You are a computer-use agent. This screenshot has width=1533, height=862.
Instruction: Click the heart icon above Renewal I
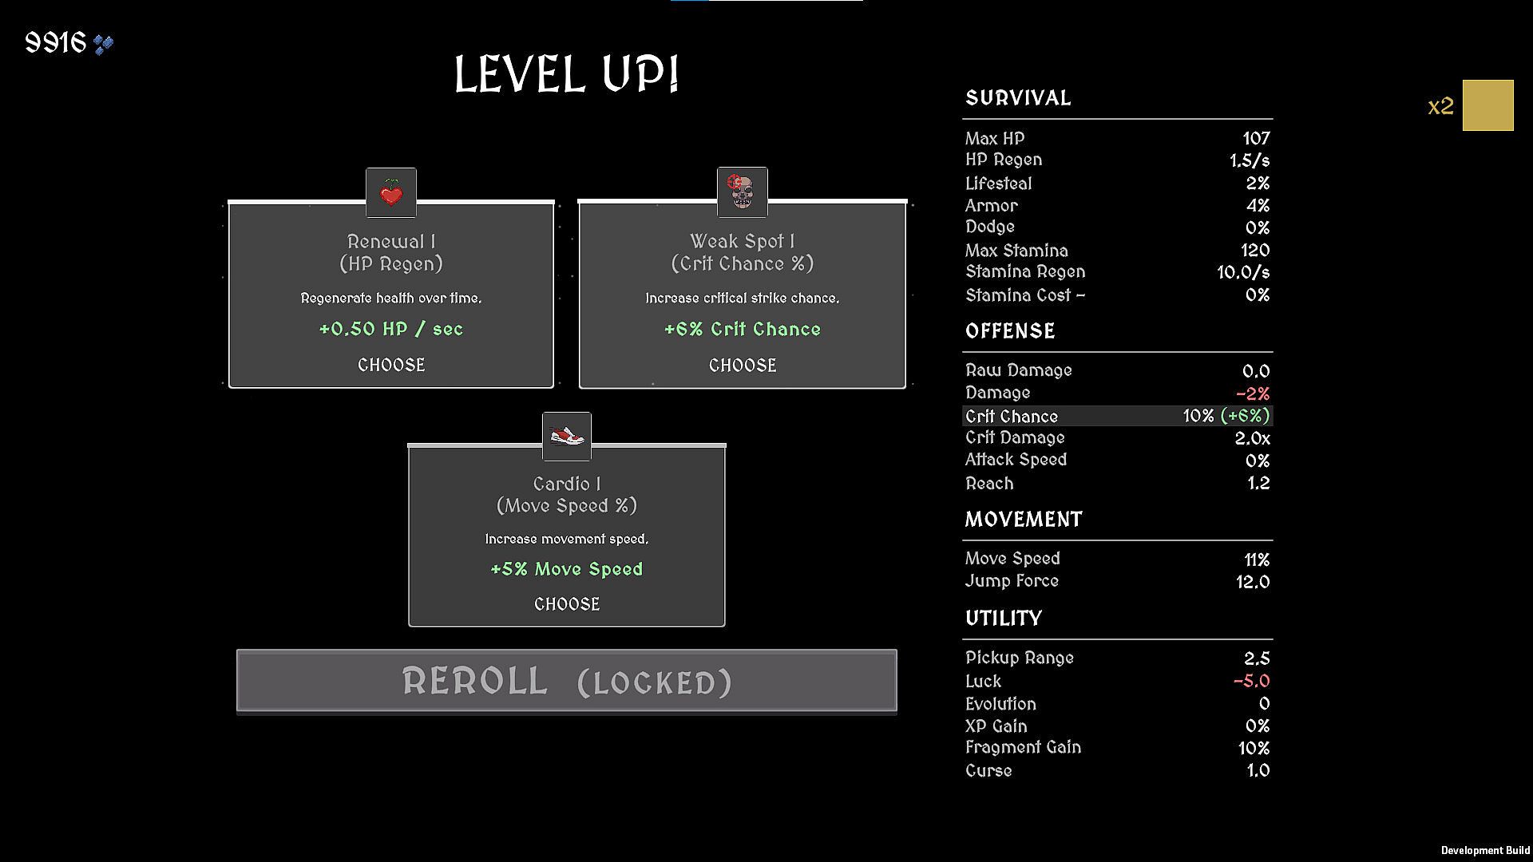[x=391, y=192]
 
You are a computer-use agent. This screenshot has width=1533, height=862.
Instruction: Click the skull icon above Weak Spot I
[x=743, y=192]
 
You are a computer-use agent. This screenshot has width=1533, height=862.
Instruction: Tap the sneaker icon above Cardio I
[x=567, y=437]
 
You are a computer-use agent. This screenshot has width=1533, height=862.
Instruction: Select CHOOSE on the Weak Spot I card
[x=743, y=366]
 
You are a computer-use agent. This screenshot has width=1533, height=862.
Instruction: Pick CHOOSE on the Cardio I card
[x=567, y=604]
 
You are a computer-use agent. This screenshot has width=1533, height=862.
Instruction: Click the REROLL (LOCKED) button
[x=567, y=681]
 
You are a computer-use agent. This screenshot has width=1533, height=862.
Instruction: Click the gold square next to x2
[x=1488, y=105]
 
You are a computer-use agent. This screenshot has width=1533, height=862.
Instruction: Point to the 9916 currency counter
[x=69, y=43]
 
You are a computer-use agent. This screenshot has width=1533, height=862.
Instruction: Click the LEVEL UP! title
[x=567, y=75]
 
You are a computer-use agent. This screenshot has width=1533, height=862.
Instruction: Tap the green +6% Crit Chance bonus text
[x=743, y=329]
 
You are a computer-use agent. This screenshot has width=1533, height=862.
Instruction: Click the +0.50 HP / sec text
[x=391, y=329]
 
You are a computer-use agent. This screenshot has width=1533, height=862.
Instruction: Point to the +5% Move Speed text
[x=567, y=569]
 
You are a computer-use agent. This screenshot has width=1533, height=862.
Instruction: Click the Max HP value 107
[x=1256, y=139]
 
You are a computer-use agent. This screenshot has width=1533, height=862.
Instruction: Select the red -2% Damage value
[x=1253, y=393]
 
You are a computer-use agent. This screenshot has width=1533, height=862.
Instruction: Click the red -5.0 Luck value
[x=1252, y=681]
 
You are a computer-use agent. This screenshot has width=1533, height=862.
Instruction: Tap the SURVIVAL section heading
[x=1018, y=98]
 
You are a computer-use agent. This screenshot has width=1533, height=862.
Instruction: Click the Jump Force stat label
[x=1012, y=581]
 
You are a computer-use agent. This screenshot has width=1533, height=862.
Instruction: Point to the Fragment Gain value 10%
[x=1254, y=748]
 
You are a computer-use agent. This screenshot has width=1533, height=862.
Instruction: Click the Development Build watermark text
[x=1485, y=851]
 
